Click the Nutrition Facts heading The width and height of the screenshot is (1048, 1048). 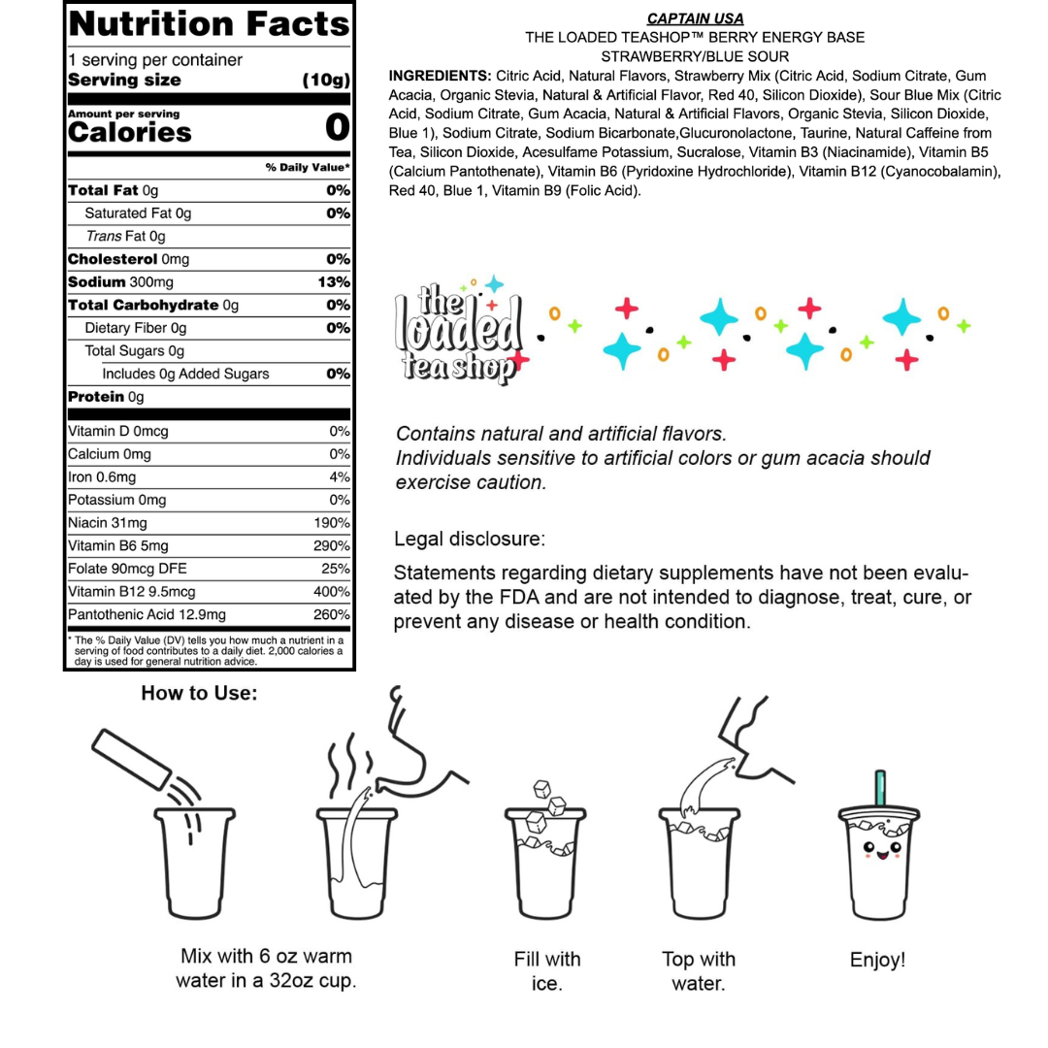click(209, 23)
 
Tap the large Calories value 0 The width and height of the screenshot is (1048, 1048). click(337, 127)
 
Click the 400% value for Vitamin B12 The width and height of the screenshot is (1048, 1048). click(332, 592)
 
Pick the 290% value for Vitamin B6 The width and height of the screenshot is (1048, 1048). click(332, 546)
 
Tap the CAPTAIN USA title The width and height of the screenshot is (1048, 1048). click(695, 18)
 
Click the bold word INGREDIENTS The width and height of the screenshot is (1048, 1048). click(440, 75)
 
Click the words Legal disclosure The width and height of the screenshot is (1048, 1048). click(470, 538)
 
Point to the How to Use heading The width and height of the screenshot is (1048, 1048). click(200, 693)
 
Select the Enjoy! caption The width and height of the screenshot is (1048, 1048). click(877, 960)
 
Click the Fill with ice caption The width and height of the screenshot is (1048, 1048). click(547, 971)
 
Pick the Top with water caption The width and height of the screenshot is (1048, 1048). click(699, 971)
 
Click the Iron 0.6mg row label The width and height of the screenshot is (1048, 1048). click(103, 476)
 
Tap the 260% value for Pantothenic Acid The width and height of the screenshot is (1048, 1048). click(332, 615)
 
